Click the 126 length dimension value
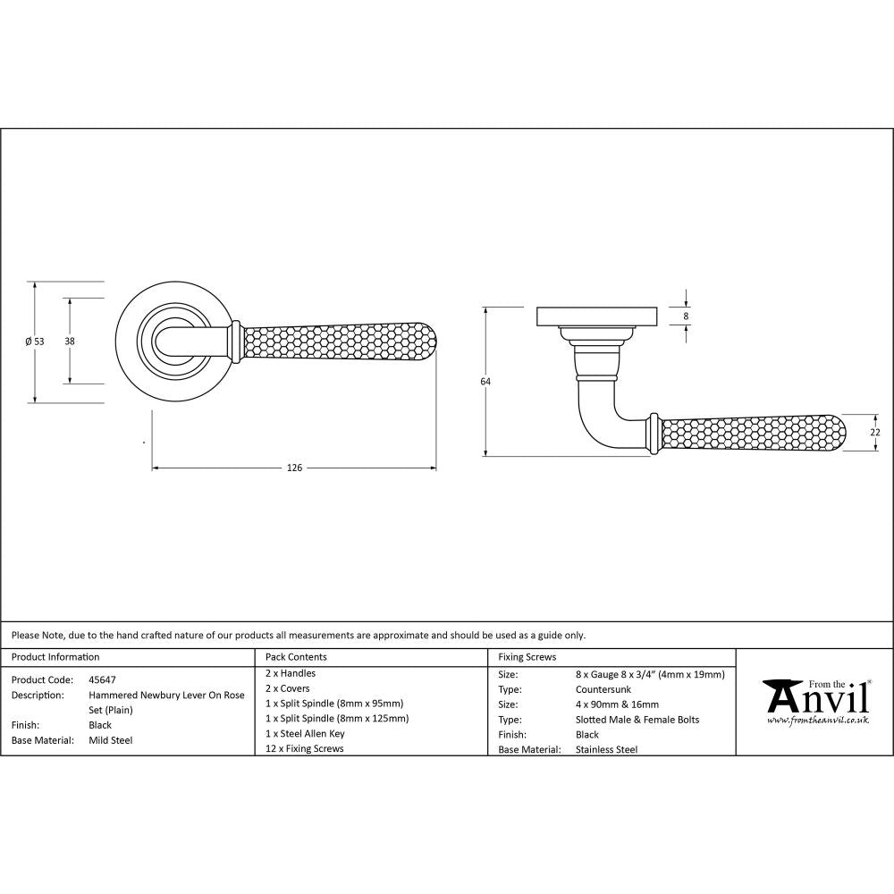[x=294, y=468]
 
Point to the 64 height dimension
[x=485, y=382]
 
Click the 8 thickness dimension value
[x=687, y=316]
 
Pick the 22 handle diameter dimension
[x=875, y=432]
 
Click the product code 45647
[x=103, y=679]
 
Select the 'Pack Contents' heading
[x=296, y=657]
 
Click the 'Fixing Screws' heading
[x=527, y=657]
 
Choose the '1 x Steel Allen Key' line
[x=305, y=733]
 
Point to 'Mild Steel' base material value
[x=111, y=740]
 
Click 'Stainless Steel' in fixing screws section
[x=607, y=750]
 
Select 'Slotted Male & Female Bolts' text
[x=637, y=720]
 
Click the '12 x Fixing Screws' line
[x=304, y=748]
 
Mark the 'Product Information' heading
[x=55, y=657]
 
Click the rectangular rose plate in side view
[x=597, y=316]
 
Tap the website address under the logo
[x=817, y=720]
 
